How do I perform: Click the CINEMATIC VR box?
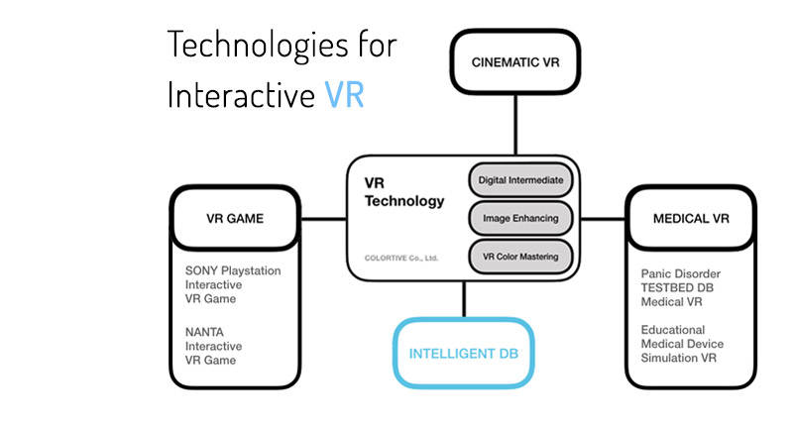515,61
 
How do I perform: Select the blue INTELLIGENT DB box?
464,354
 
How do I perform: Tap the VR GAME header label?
235,218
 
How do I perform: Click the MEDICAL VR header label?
691,218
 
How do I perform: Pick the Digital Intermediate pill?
520,180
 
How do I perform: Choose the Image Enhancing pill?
520,218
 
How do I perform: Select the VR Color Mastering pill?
520,257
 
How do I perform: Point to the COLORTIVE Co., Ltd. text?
401,258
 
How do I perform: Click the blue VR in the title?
344,94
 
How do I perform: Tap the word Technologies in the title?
258,45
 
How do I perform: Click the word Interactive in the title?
241,94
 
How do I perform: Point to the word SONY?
201,270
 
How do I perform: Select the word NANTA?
204,332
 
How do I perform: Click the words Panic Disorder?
681,273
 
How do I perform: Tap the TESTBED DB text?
677,288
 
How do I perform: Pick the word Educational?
673,330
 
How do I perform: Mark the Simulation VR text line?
679,358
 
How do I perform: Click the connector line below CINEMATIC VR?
515,125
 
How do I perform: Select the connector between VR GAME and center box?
324,219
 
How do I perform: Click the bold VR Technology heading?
404,192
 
